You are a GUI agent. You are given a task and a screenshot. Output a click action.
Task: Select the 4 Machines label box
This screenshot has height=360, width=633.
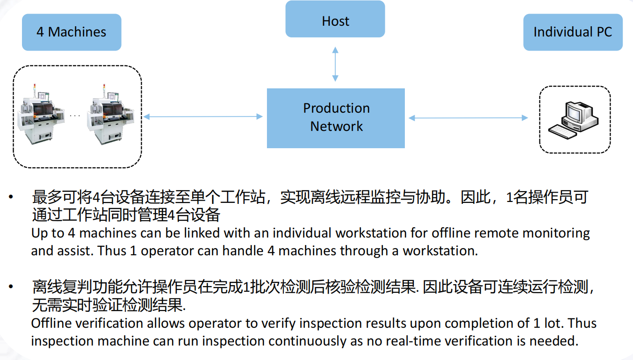point(72,32)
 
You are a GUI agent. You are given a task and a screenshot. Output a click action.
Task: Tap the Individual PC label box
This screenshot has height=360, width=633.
point(573,32)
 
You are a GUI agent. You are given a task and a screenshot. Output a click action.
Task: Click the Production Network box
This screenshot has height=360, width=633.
point(336,118)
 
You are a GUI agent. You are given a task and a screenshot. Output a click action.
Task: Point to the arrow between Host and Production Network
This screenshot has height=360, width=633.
point(335,64)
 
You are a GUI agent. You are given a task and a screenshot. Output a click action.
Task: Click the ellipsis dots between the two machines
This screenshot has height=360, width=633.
point(75,115)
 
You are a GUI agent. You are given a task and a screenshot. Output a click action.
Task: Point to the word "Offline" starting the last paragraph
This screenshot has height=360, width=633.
point(51,323)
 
